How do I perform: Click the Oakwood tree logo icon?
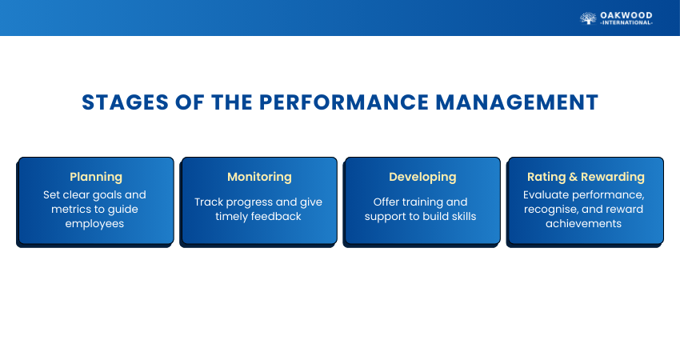tap(588, 18)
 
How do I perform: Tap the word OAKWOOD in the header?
tap(626, 16)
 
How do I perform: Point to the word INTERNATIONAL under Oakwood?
tap(626, 22)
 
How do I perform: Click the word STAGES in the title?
tap(125, 102)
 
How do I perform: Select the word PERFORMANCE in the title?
tap(344, 102)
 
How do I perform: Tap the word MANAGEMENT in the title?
tap(517, 102)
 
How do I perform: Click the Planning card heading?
tap(96, 177)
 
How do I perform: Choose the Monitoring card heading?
tap(259, 177)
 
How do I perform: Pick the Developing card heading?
tap(422, 177)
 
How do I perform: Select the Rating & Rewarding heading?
tap(586, 177)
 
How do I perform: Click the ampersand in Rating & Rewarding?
tap(574, 177)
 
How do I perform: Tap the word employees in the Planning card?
tap(94, 224)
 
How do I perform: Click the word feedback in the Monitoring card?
tap(275, 217)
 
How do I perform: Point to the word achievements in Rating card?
tap(583, 224)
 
